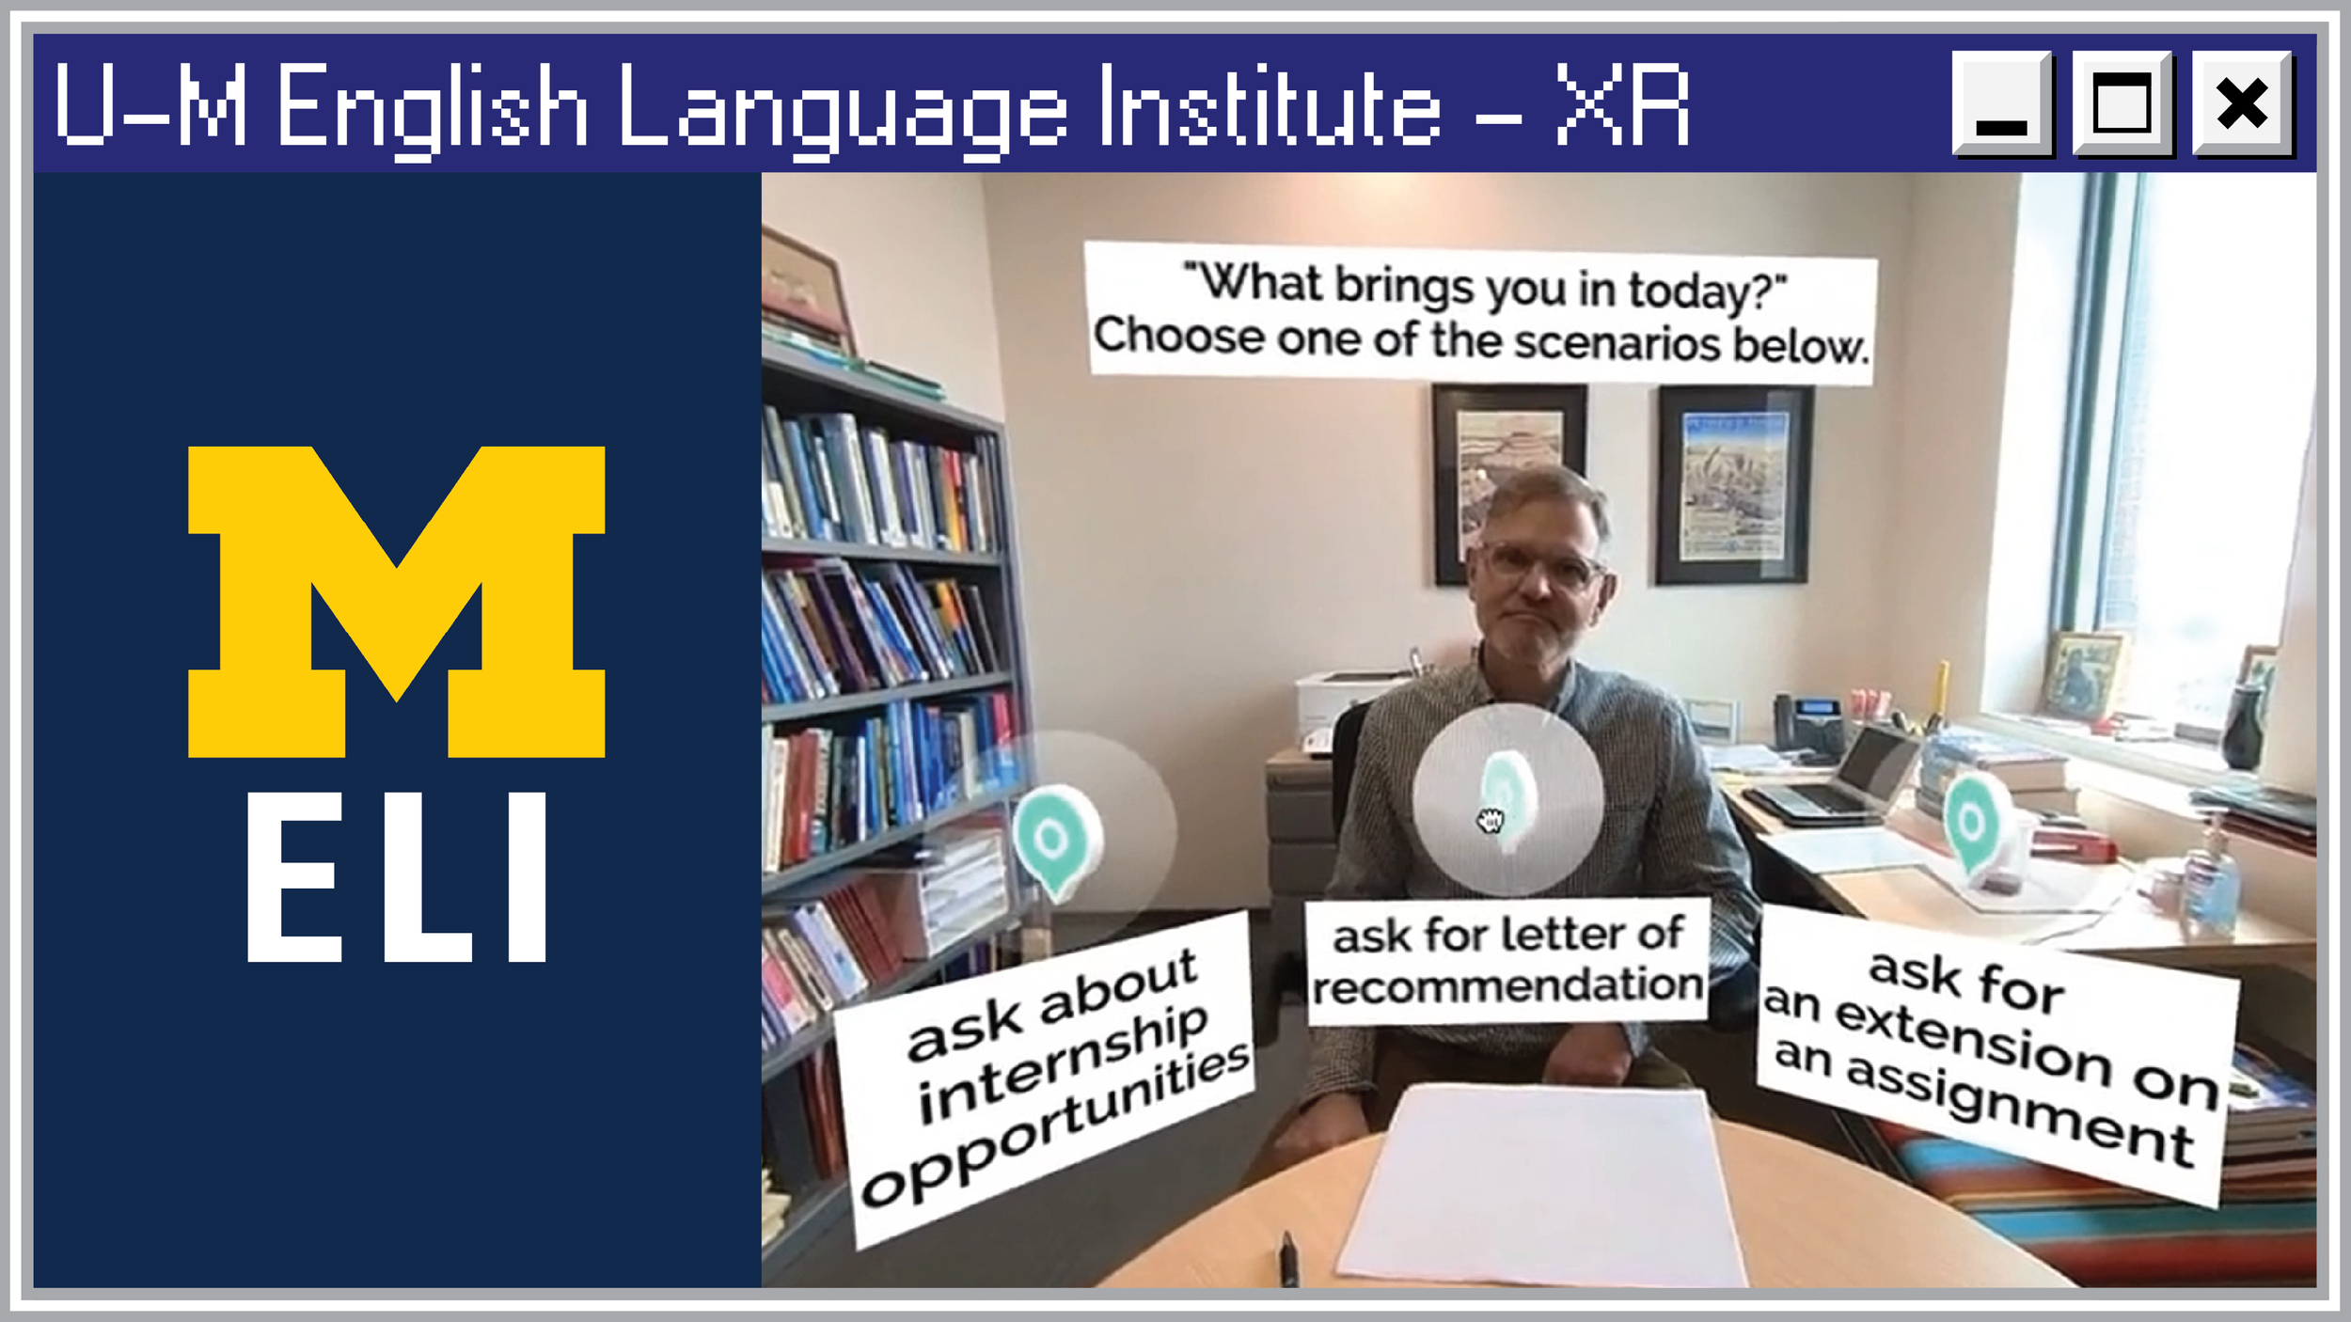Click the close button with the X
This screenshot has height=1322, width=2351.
coord(2242,102)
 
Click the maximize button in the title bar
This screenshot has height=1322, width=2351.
coord(2122,102)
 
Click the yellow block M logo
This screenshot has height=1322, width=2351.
coord(396,601)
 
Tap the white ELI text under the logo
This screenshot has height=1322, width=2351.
coord(396,877)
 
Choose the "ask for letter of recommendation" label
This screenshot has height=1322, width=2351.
coord(1507,960)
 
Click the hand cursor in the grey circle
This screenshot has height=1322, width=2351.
coord(1490,821)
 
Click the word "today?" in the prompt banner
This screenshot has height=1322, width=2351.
coord(1707,291)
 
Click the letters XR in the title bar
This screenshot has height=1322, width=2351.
coord(1621,105)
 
